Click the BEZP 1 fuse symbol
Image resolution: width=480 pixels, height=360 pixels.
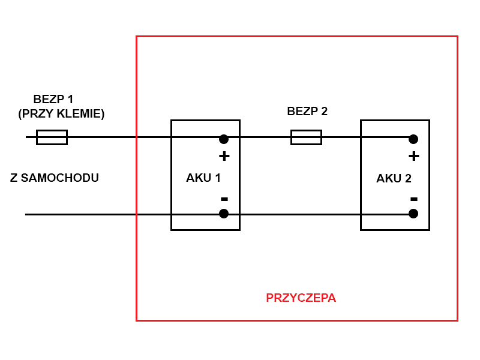tap(52, 137)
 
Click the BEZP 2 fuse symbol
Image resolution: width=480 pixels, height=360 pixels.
tap(306, 137)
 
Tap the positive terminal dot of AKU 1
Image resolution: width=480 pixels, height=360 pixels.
tap(224, 139)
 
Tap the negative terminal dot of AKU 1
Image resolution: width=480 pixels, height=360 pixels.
tap(224, 214)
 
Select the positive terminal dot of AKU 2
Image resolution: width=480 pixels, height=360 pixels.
tap(413, 139)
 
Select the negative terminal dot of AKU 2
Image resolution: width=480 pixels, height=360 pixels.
tap(413, 214)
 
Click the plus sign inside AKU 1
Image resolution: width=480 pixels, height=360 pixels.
tap(224, 156)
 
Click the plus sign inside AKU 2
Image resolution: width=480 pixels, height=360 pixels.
tap(413, 156)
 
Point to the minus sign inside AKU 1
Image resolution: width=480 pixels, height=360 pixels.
tap(224, 199)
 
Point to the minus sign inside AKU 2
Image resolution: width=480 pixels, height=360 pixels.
tap(413, 199)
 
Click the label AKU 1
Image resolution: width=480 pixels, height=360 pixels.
tap(203, 178)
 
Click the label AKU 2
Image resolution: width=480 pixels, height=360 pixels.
tap(394, 178)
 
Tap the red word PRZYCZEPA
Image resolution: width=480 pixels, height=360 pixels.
tap(301, 298)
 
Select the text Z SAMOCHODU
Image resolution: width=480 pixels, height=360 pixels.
tap(55, 178)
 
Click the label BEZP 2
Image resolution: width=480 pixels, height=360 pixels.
tap(307, 111)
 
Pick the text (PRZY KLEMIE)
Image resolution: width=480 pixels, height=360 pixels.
tap(61, 113)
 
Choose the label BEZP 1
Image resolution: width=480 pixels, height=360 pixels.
tap(53, 99)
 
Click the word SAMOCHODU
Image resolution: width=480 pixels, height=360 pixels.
tap(59, 178)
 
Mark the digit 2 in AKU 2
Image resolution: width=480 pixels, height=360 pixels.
tap(408, 178)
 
